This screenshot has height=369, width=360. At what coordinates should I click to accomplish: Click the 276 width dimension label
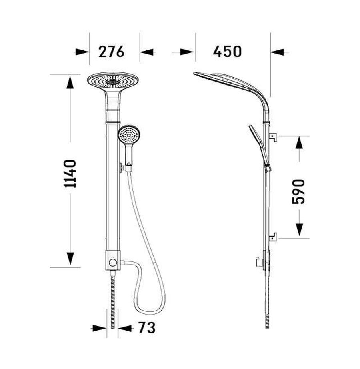[111, 52]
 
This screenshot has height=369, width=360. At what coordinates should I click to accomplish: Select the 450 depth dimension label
[227, 52]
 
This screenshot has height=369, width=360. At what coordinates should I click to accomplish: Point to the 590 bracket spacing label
[298, 191]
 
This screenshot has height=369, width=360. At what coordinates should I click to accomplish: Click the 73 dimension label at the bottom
[147, 327]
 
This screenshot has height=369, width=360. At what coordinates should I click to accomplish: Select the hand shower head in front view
[129, 134]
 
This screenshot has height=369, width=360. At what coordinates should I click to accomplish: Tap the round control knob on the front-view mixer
[113, 262]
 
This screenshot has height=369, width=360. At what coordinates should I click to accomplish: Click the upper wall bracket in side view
[273, 137]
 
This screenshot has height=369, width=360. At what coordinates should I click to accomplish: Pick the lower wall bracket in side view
[273, 237]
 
